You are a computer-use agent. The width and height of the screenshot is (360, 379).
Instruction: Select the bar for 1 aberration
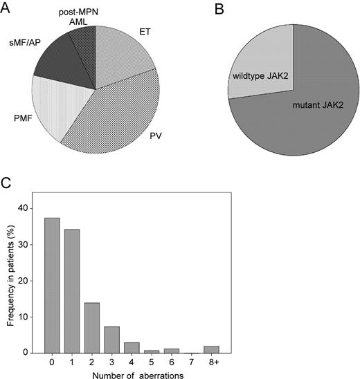pyautogui.click(x=73, y=290)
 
